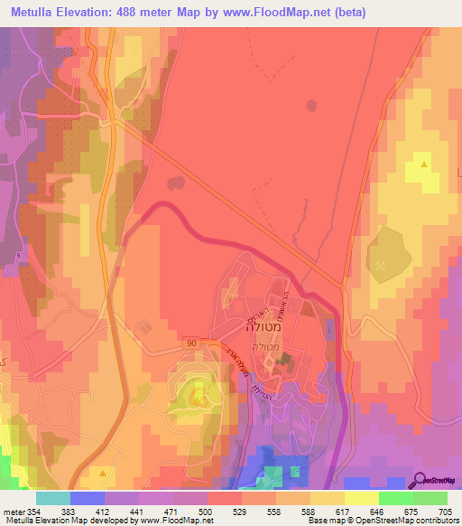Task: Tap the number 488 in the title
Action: coord(129,14)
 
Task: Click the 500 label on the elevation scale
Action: coord(189,512)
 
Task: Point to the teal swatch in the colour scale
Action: coord(53,498)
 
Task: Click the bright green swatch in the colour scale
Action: coord(396,498)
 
